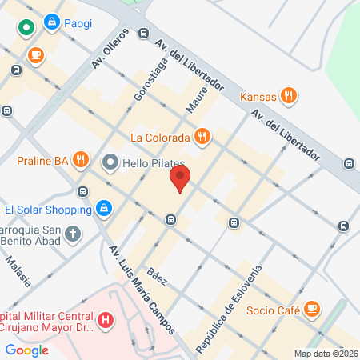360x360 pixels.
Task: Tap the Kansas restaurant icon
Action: [x=290, y=97]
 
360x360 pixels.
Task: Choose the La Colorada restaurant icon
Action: [x=202, y=136]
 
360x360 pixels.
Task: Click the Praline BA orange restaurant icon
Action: [x=79, y=161]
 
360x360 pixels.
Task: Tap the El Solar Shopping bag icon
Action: [x=103, y=210]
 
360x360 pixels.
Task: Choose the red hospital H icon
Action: [x=104, y=321]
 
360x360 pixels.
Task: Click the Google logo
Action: [x=27, y=350]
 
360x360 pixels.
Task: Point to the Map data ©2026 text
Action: [x=325, y=354]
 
